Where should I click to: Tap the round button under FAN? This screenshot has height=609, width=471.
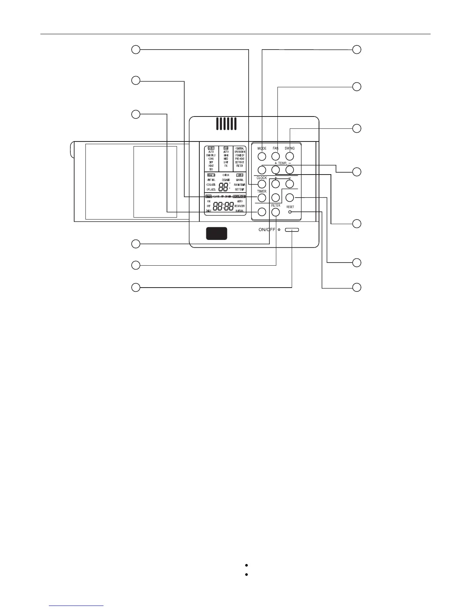tap(276, 156)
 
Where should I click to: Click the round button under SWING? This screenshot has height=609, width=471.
tap(290, 156)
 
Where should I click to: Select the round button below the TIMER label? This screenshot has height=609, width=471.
tap(262, 198)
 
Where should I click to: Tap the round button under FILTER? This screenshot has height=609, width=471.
tap(276, 212)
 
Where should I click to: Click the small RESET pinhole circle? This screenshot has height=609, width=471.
tap(290, 212)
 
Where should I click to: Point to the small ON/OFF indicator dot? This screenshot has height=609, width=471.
tap(279, 230)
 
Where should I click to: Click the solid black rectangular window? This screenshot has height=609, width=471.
tap(217, 233)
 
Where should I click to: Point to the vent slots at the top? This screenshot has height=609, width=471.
tap(226, 123)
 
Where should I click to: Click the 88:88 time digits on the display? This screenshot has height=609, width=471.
tap(224, 206)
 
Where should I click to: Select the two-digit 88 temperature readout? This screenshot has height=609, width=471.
tap(223, 187)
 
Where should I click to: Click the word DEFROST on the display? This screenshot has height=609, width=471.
tap(240, 162)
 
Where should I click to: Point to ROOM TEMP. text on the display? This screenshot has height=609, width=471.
tap(240, 185)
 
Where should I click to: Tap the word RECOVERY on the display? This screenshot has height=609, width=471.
tap(240, 206)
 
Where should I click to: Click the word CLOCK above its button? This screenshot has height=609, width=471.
tap(262, 178)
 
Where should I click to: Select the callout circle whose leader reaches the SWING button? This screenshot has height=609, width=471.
tap(357, 128)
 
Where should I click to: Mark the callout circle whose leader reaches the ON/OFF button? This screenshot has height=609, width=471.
tap(135, 287)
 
